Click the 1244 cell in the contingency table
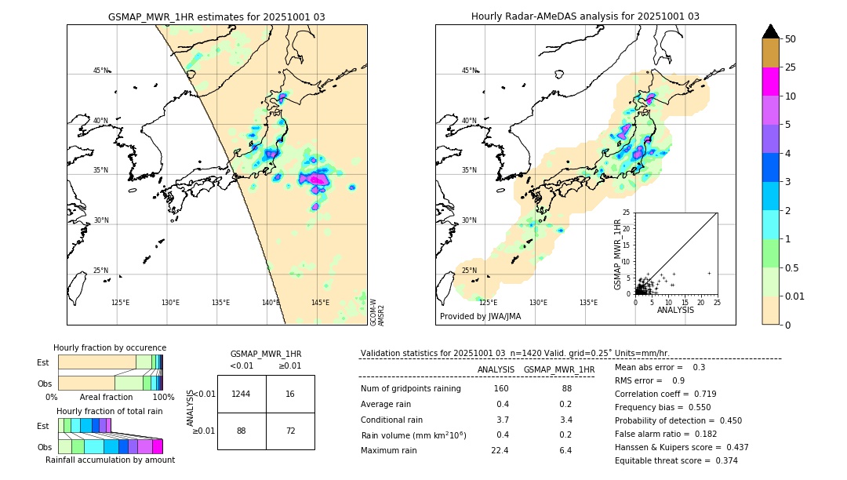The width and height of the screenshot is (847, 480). coord(242,394)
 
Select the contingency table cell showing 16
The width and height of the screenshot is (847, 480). coord(290,394)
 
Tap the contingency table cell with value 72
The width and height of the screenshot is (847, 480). coord(290,431)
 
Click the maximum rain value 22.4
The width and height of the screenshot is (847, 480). coord(500,450)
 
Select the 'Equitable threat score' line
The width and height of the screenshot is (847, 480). coord(676,460)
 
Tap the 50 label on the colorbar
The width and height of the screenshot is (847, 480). coord(791,39)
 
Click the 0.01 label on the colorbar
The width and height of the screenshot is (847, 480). coord(795,296)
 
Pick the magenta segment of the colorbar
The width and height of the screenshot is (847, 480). coord(770,82)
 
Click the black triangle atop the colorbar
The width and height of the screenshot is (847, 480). coord(770,31)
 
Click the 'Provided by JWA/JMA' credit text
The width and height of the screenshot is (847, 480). coord(480,317)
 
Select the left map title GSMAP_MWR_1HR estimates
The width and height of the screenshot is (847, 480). coord(216,16)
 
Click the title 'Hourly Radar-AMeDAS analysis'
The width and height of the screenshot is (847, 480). coord(585,16)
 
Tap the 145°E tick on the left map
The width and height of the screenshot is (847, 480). coord(320,303)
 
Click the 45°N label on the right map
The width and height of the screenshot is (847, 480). coord(469,71)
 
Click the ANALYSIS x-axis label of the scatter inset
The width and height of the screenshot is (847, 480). coord(676,311)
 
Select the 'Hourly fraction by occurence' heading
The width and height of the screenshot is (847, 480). coord(110,347)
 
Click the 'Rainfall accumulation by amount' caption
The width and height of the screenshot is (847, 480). coord(110,460)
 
